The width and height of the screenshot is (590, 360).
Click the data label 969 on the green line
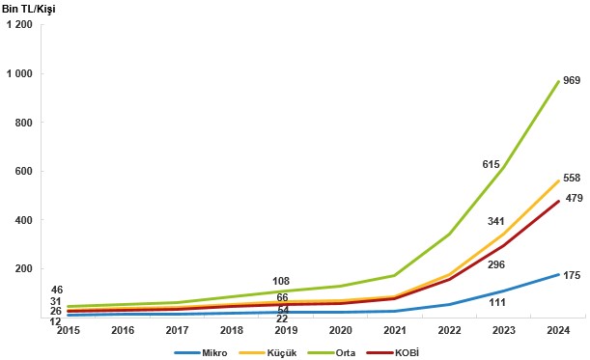(x=571, y=80)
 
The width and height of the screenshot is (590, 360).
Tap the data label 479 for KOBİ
(x=571, y=199)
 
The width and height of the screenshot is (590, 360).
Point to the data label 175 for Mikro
(x=571, y=276)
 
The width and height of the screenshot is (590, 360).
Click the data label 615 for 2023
(x=492, y=165)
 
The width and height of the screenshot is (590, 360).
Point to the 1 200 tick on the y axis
(x=19, y=25)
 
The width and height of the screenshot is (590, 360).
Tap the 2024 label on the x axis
(x=557, y=330)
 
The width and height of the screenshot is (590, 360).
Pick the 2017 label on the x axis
(x=178, y=330)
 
